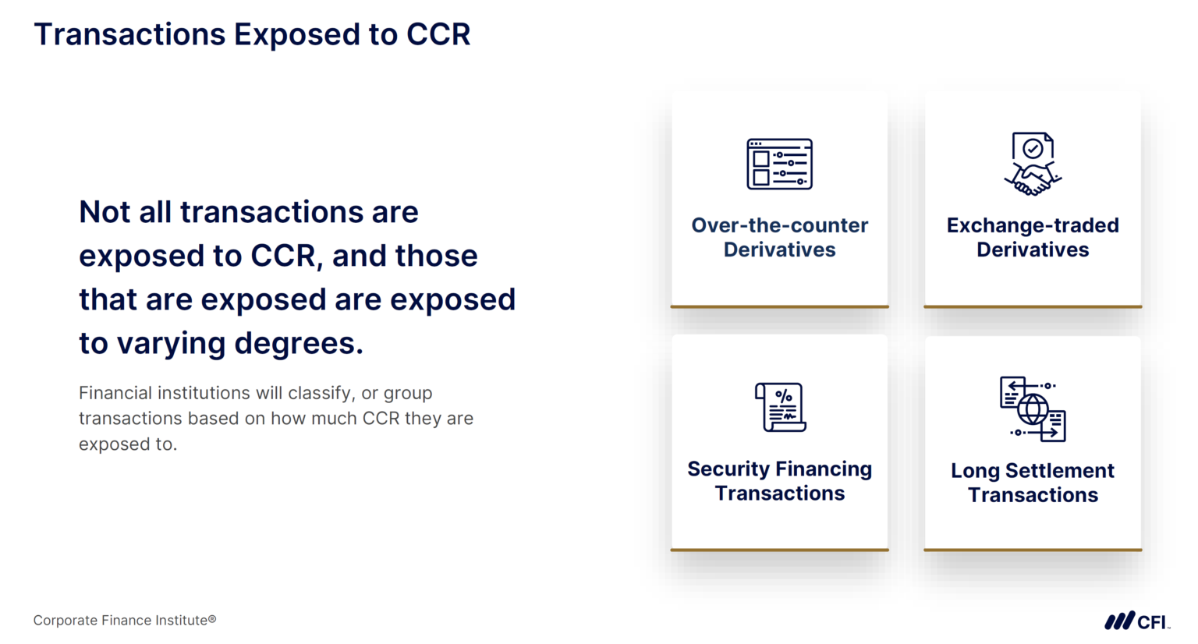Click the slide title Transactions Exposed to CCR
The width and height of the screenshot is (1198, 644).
tap(252, 35)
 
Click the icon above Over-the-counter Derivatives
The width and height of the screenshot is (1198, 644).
tap(779, 165)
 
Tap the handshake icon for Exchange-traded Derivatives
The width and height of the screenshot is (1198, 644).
tap(1033, 165)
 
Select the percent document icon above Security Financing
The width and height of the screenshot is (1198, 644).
tap(780, 407)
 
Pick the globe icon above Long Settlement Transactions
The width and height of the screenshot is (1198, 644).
tap(1033, 409)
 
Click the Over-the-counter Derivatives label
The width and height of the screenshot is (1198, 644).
tap(779, 237)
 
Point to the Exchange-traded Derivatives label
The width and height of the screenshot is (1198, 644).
tap(1033, 237)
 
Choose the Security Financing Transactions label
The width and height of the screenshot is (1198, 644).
tap(779, 480)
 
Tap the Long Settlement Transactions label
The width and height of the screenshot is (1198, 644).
tap(1033, 483)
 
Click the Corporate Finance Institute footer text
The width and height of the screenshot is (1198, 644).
tap(124, 621)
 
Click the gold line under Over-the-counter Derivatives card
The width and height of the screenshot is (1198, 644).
tap(779, 306)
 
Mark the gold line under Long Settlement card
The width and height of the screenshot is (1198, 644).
tap(1033, 550)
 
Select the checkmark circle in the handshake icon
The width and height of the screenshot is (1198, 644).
tap(1033, 148)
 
